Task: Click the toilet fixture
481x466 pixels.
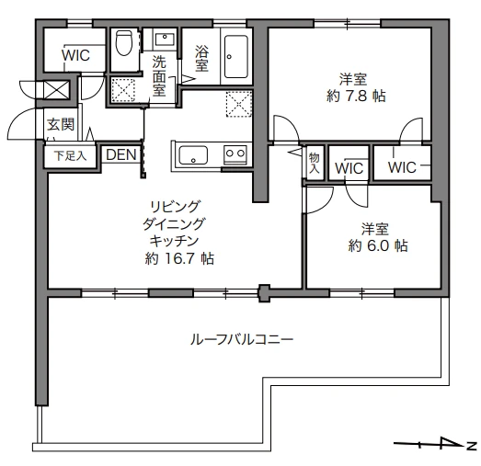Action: pyautogui.click(x=124, y=42)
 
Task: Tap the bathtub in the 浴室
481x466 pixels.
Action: pyautogui.click(x=235, y=57)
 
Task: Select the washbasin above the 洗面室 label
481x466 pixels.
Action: pyautogui.click(x=165, y=40)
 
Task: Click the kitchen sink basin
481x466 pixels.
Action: pyautogui.click(x=193, y=155)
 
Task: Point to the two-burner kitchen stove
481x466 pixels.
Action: pyautogui.click(x=235, y=153)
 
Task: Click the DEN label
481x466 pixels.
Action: pyautogui.click(x=120, y=154)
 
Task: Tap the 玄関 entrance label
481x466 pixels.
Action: pyautogui.click(x=61, y=125)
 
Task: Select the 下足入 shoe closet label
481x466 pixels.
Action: pyautogui.click(x=70, y=156)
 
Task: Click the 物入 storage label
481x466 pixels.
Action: pyautogui.click(x=315, y=163)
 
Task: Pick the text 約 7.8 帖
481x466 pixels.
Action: pyautogui.click(x=356, y=97)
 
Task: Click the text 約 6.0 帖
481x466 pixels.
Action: pyautogui.click(x=378, y=245)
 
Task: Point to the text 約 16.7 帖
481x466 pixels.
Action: pyautogui.click(x=179, y=258)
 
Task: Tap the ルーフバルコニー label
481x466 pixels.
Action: pyautogui.click(x=242, y=340)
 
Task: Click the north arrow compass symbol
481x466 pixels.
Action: pyautogui.click(x=435, y=444)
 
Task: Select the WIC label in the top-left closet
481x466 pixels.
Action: pyautogui.click(x=75, y=55)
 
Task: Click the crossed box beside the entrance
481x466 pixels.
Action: pyautogui.click(x=56, y=89)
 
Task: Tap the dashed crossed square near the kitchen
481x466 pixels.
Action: pyautogui.click(x=238, y=104)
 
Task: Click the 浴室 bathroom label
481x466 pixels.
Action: pyautogui.click(x=201, y=58)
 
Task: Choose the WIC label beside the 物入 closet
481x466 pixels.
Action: pyautogui.click(x=349, y=168)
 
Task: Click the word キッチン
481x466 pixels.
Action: pyautogui.click(x=174, y=242)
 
